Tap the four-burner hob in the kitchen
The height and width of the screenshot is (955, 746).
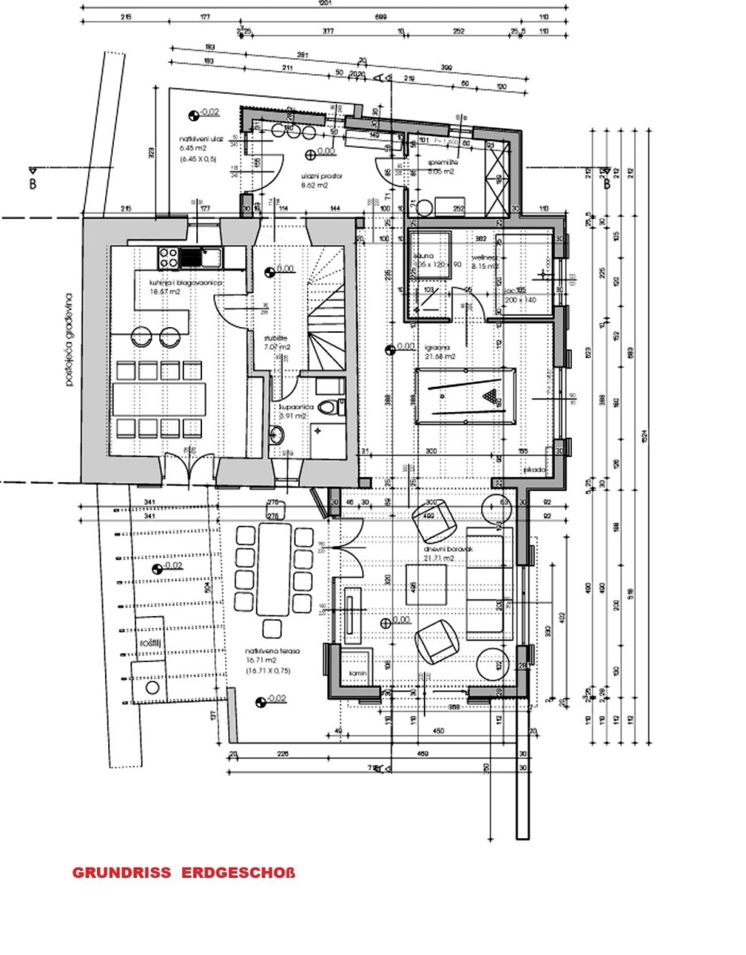pos(168,257)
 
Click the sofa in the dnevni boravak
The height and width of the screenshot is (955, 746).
pos(484,587)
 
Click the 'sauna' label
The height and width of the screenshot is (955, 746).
pos(422,257)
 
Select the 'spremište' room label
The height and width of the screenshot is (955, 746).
pos(441,163)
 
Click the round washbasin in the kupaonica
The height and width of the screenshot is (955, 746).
pos(277,435)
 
